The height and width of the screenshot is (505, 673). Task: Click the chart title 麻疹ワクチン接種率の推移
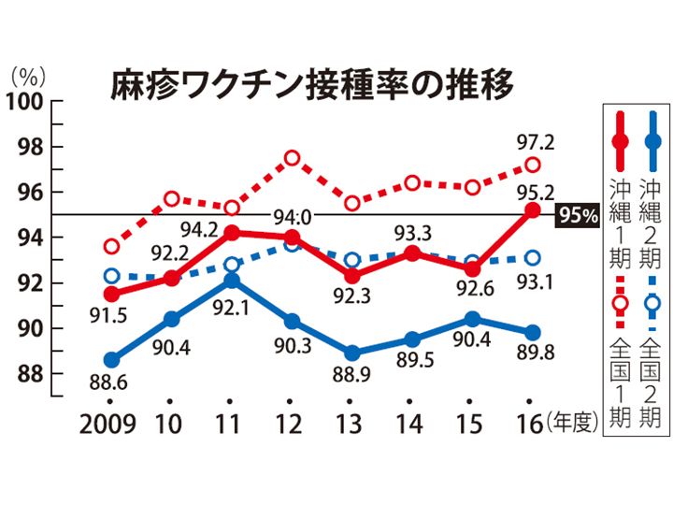click(312, 84)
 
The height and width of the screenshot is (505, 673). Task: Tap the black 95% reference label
click(578, 215)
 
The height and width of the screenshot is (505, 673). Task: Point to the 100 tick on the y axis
click(24, 102)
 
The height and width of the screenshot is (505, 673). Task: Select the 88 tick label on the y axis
click(31, 374)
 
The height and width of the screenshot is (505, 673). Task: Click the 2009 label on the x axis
click(107, 425)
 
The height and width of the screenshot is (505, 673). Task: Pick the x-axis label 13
click(349, 425)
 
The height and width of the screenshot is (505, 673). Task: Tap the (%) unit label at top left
click(28, 78)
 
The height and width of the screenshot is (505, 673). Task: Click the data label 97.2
click(536, 142)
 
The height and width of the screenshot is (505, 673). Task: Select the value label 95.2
click(536, 193)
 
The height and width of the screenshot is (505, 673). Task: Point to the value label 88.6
click(108, 382)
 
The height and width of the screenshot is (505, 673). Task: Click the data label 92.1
click(232, 308)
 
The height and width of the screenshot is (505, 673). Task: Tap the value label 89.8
click(536, 352)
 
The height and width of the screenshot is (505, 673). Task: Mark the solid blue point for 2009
click(112, 359)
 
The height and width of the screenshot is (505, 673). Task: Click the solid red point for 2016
click(533, 210)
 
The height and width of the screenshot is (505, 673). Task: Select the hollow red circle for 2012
click(293, 158)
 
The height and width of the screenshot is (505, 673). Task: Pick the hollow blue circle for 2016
click(533, 258)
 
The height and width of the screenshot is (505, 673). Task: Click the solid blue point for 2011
click(232, 281)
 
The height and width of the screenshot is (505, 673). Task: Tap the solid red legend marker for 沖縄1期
click(621, 141)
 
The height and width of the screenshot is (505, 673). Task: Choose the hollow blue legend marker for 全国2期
click(652, 303)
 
